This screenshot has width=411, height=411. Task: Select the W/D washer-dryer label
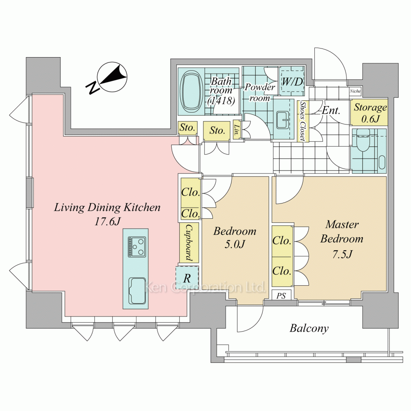[x=292, y=81]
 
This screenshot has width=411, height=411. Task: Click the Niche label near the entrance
[x=355, y=91]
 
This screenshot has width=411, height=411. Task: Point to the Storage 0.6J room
[x=370, y=112]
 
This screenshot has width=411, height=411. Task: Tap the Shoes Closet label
[x=303, y=121]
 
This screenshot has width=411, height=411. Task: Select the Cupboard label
[x=189, y=243]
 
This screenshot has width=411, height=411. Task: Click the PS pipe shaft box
[x=281, y=296]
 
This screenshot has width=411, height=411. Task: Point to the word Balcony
[x=309, y=328]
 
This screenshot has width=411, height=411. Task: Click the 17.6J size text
[x=107, y=222]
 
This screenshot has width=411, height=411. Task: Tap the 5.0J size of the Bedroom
[x=235, y=245]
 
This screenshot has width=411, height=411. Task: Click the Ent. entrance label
[x=330, y=110]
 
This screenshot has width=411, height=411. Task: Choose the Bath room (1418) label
[x=222, y=91]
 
